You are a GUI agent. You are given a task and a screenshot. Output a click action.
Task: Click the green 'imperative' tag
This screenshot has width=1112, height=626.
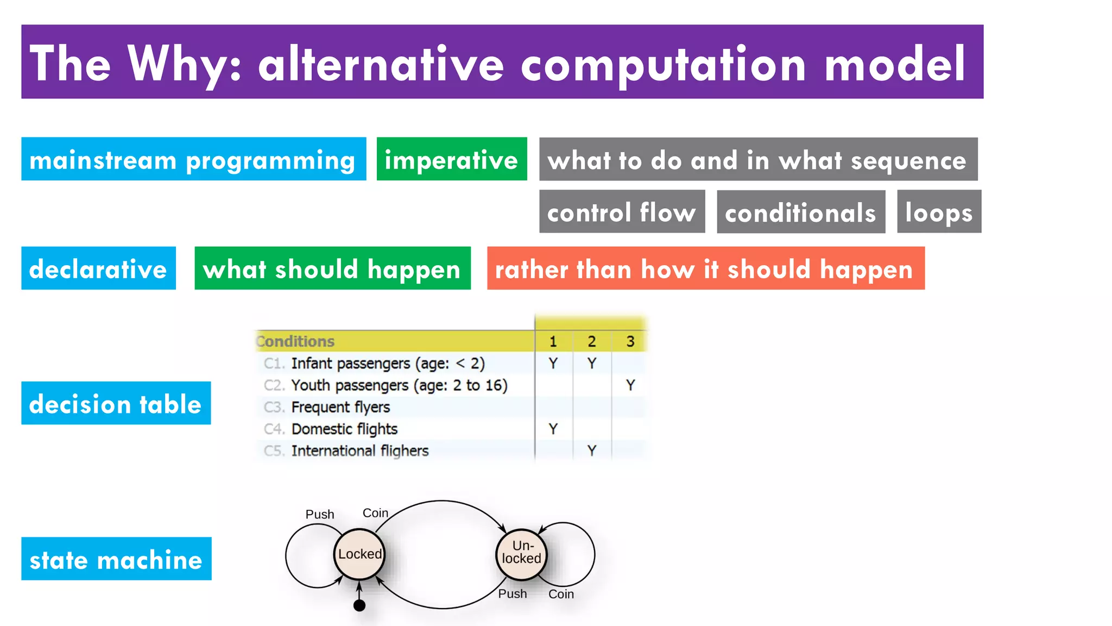tap(451, 159)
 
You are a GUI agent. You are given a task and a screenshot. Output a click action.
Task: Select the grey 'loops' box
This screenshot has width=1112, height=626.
tap(939, 212)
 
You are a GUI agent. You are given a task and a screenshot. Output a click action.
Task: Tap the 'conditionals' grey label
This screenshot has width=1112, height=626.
tap(800, 212)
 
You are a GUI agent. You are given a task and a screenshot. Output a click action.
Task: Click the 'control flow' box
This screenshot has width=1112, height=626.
tap(622, 212)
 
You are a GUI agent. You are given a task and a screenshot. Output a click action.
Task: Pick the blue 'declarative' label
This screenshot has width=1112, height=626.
tap(98, 268)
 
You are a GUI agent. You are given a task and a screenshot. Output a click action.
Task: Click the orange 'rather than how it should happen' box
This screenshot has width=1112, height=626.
tap(705, 268)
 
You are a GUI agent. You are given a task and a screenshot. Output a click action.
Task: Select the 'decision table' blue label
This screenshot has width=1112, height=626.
tap(116, 403)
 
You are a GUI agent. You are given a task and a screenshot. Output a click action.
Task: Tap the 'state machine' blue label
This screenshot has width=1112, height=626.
tap(116, 559)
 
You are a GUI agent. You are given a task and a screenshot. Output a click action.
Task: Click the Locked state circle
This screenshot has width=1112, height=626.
tap(359, 554)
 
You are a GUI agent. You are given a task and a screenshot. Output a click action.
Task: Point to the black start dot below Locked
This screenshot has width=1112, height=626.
tap(359, 605)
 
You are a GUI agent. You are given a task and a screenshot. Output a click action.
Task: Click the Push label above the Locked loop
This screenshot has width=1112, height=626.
tap(320, 514)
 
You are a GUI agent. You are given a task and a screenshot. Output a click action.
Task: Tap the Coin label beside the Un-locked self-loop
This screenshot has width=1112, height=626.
tap(561, 594)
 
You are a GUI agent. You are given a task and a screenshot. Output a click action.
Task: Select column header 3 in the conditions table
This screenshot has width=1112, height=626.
tap(630, 341)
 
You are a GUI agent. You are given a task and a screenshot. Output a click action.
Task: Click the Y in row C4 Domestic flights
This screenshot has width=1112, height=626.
tap(553, 429)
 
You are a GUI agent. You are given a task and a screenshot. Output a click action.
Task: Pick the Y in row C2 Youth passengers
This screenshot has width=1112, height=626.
tap(630, 385)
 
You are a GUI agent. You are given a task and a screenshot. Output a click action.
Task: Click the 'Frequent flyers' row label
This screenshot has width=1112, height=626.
tap(340, 407)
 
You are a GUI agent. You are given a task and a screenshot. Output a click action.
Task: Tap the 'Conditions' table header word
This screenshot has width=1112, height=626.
tap(295, 341)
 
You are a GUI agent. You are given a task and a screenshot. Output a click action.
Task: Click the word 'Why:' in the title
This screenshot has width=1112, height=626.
tap(185, 64)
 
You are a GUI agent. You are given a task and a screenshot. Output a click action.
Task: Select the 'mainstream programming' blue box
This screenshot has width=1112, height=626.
tap(193, 159)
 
